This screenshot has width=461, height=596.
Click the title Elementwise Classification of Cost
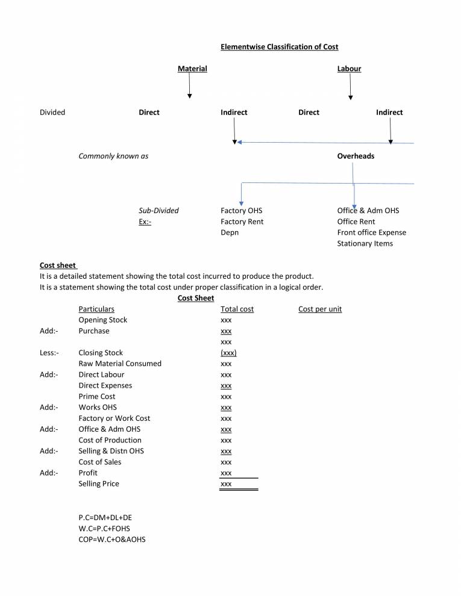(x=279, y=47)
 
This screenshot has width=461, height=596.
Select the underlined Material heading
(x=192, y=69)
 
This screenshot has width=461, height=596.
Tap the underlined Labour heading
(x=349, y=69)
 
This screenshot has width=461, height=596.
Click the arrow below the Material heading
(x=190, y=87)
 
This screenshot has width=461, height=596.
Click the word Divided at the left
(x=52, y=112)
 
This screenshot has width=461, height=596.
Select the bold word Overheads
(x=356, y=156)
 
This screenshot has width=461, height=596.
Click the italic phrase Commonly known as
(x=113, y=156)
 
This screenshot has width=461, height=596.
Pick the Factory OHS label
(x=241, y=211)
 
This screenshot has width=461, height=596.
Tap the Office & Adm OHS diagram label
(x=368, y=211)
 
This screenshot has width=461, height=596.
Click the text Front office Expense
(x=371, y=232)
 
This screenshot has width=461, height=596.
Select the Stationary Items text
(x=365, y=243)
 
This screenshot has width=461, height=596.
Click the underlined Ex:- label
(x=145, y=222)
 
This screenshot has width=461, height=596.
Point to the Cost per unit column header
(x=319, y=309)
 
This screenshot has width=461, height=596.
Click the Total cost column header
(x=237, y=309)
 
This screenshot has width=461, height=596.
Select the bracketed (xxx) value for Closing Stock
(x=228, y=353)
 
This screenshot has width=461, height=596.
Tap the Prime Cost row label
(x=96, y=396)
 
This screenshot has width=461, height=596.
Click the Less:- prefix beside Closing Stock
(x=49, y=353)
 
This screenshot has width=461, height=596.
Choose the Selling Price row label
(x=98, y=483)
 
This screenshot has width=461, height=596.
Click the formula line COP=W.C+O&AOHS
(x=111, y=539)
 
